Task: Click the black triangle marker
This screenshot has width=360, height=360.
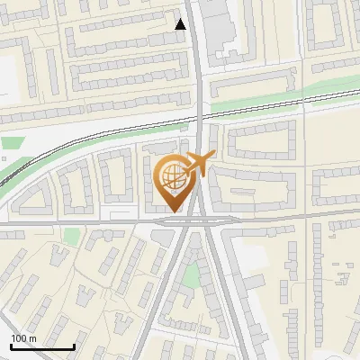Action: point(181,24)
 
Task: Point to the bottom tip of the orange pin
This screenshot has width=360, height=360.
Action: point(172,211)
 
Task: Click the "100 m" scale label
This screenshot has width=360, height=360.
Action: point(23,338)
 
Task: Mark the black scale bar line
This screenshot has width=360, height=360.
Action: point(42,346)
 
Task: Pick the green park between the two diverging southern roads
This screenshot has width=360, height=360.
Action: point(191,275)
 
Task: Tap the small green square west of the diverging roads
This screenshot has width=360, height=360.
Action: point(71,237)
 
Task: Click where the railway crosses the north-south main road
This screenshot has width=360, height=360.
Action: point(198,116)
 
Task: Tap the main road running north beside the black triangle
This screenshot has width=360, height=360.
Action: point(195,54)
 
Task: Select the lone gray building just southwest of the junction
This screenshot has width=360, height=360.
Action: point(163,236)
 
